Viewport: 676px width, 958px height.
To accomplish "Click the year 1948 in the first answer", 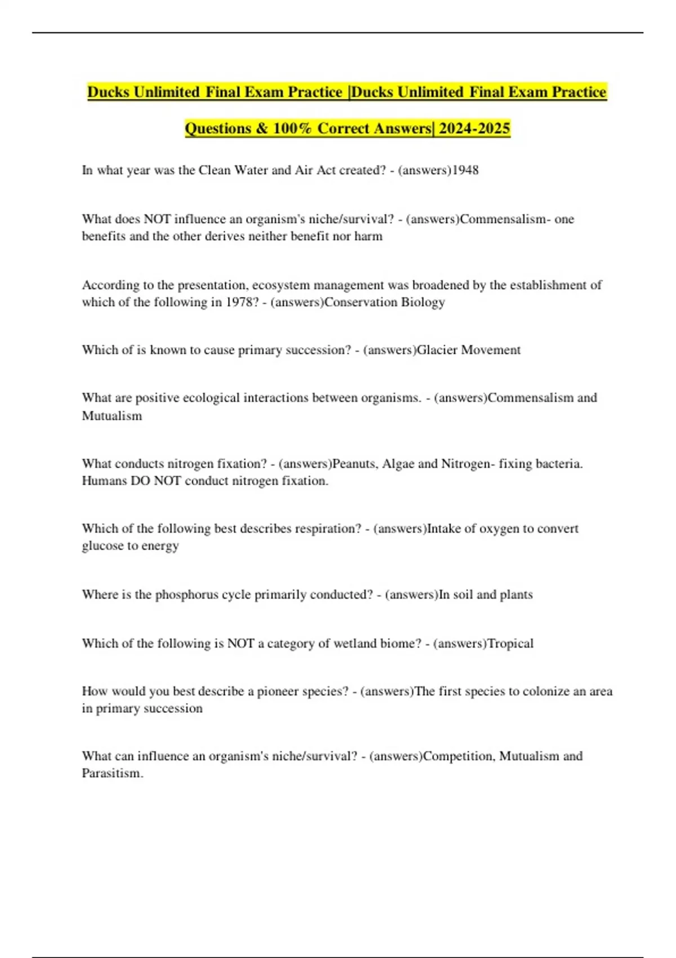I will [465, 170].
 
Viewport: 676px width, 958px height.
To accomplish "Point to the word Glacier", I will [437, 350].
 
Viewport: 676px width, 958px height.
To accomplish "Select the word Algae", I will [398, 464].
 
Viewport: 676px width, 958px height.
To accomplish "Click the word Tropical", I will [510, 644].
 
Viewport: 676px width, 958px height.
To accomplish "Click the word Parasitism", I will [112, 773].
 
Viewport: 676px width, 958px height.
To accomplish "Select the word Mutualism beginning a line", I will [112, 416].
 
